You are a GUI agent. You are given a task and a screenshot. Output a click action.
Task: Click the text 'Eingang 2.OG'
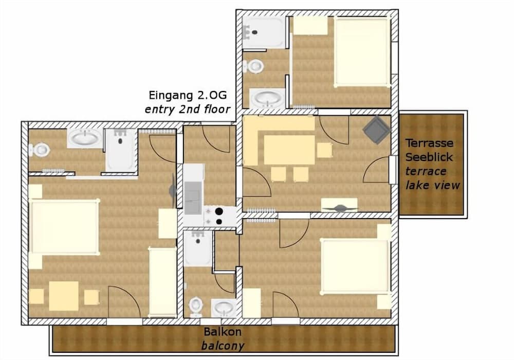click(188, 95)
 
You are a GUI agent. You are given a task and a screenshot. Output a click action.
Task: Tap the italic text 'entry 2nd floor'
click(187, 109)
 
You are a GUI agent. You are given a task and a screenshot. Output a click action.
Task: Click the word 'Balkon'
click(222, 332)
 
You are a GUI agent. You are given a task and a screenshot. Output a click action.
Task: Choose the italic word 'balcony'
click(222, 346)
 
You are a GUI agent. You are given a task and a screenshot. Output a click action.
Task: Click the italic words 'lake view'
click(432, 185)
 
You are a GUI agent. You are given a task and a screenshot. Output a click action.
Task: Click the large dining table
click(289, 149)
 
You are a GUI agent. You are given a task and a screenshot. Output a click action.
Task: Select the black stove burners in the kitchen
click(219, 216)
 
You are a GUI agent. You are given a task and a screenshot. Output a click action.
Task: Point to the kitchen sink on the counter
click(194, 197)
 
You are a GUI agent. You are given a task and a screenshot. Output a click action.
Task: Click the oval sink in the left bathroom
click(85, 138)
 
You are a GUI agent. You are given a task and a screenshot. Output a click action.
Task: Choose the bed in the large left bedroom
click(64, 227)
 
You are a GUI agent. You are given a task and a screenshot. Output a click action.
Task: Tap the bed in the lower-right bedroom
click(355, 266)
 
